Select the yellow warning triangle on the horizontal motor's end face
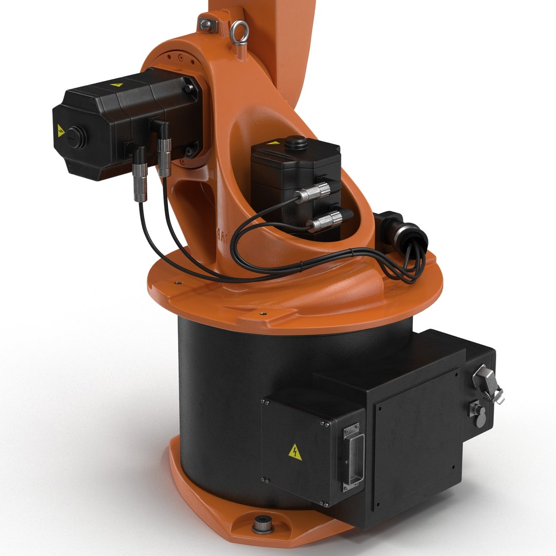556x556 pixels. coord(61,129)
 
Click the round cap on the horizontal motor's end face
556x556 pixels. coord(75,137)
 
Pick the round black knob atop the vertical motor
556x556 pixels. coord(297,143)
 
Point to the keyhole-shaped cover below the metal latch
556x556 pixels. coord(478,414)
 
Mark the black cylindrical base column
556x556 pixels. coord(216,391)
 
